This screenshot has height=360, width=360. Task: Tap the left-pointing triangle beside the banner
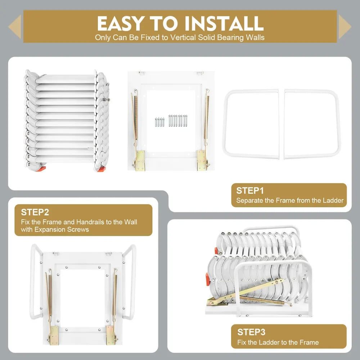(x=15, y=27)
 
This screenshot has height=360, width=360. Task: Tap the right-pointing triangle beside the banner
(x=345, y=27)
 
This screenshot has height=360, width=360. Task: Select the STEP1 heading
(x=250, y=191)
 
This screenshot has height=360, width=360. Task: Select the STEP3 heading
(x=251, y=332)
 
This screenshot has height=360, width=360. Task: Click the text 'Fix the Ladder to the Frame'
(x=278, y=342)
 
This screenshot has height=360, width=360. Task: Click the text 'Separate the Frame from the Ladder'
(x=290, y=201)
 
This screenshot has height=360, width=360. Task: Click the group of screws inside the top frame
(x=171, y=121)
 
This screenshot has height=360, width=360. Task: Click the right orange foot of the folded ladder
(x=101, y=168)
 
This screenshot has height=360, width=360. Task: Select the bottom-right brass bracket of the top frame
(x=202, y=160)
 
